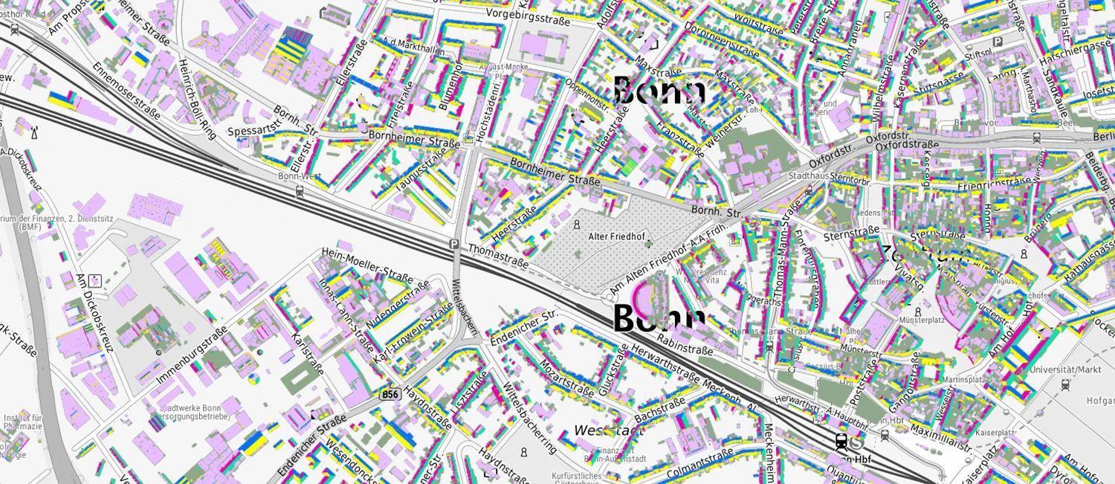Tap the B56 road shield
click(x=389, y=394)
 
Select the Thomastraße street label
click(x=498, y=256)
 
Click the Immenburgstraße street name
click(x=192, y=358)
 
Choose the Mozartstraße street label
click(x=566, y=378)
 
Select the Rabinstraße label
click(x=685, y=345)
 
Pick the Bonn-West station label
click(x=300, y=177)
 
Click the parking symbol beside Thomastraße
click(x=453, y=244)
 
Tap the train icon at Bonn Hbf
click(x=841, y=442)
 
